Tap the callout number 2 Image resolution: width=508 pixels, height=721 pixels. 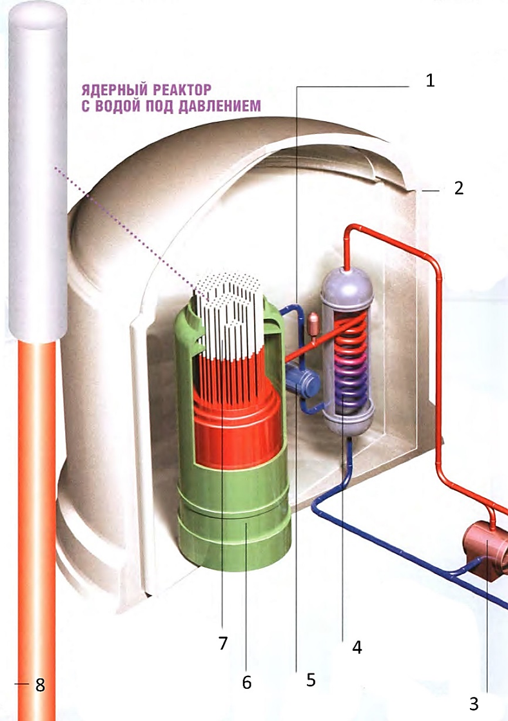pos(459,189)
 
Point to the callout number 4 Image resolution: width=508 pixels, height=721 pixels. pos(356,648)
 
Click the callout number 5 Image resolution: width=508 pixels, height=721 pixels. pos(311,679)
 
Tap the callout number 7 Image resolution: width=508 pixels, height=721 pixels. pos(222,643)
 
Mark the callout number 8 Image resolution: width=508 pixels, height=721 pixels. pos(40,685)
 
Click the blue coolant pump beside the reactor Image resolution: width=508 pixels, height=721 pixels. pos(301,383)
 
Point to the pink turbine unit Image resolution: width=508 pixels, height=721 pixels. pos(485,546)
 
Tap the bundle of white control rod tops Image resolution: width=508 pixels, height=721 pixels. pos(229,303)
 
